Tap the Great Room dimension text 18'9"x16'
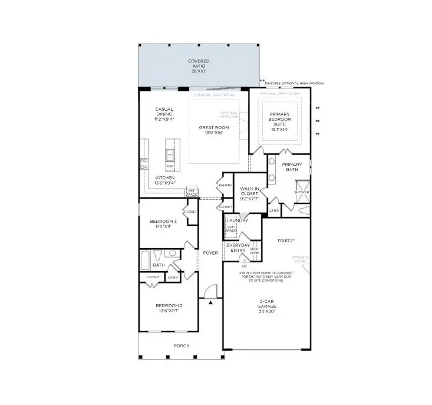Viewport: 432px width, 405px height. click(x=213, y=134)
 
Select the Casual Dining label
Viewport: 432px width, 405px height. click(x=164, y=113)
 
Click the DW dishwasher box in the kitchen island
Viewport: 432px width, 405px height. click(x=170, y=166)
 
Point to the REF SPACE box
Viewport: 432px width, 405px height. click(x=192, y=191)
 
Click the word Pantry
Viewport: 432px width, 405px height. click(x=225, y=185)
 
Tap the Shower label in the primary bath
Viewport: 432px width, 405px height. click(x=301, y=192)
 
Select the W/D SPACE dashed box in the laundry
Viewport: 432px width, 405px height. click(x=231, y=229)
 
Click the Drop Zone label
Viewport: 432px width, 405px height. click(x=255, y=251)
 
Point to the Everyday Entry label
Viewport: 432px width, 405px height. click(x=238, y=248)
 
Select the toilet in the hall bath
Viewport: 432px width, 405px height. click(x=157, y=255)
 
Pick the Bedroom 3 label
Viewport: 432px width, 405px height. click(x=164, y=221)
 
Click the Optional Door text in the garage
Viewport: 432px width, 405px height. click(x=300, y=260)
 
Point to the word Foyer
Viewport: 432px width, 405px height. click(x=210, y=253)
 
